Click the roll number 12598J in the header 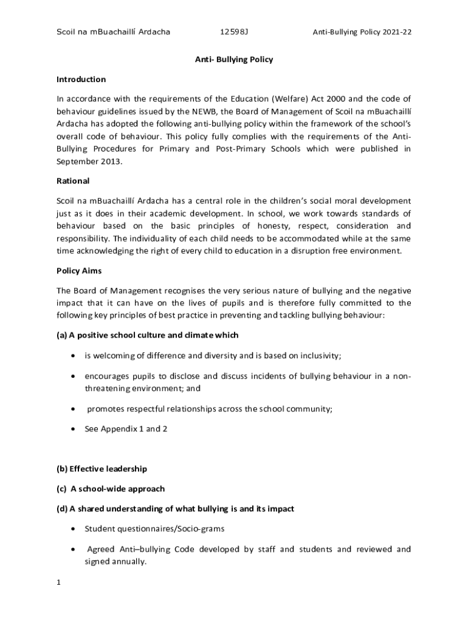coord(235,32)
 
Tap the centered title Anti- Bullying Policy coord(233,60)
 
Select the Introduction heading coord(81,80)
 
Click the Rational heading coord(73,181)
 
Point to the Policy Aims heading coord(79,271)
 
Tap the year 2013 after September coord(108,162)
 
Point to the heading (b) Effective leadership coord(102,469)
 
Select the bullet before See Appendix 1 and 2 coord(74,429)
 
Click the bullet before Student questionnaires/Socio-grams coord(74,529)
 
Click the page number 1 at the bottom coord(59,583)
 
